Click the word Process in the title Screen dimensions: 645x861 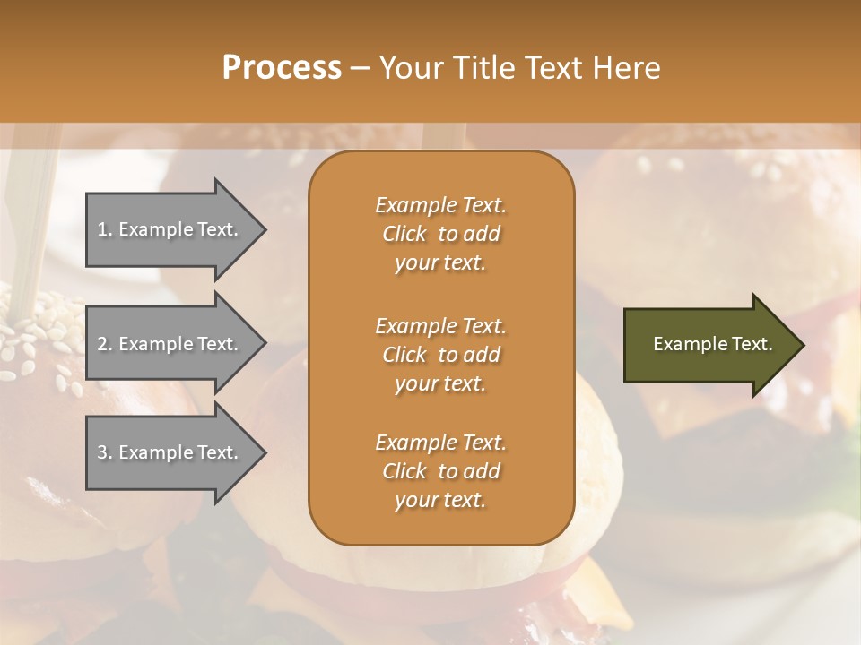[x=282, y=68]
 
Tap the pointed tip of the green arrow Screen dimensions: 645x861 [x=803, y=345]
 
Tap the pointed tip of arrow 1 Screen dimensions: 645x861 [x=265, y=230]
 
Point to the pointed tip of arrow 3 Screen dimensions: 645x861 [x=265, y=452]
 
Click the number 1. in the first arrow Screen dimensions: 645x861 [x=105, y=229]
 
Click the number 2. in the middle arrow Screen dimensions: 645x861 [x=105, y=344]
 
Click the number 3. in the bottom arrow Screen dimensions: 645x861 [x=105, y=452]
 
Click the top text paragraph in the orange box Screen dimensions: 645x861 [x=440, y=234]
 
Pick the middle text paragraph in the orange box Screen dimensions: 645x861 [x=440, y=355]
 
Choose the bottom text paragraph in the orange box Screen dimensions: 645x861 [x=440, y=471]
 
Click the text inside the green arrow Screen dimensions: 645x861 [x=712, y=344]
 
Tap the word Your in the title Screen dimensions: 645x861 [x=410, y=68]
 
